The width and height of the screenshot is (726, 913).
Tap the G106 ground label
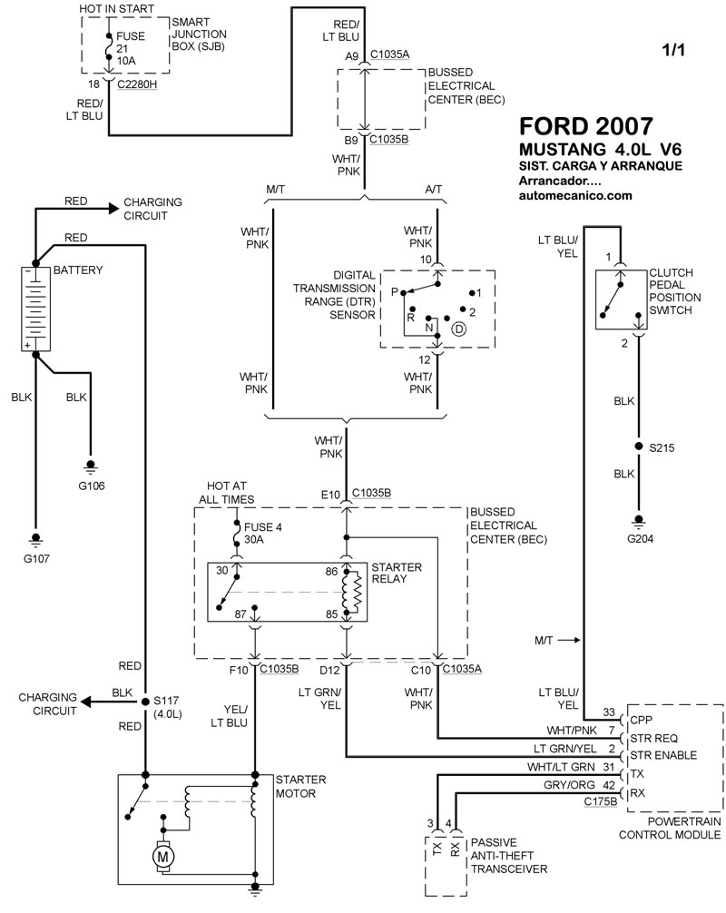[x=91, y=486]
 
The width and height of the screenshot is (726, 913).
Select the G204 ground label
[x=639, y=537]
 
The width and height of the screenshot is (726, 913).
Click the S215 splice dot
[x=639, y=448]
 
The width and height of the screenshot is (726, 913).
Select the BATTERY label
[x=78, y=270]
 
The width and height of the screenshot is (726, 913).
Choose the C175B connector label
[x=600, y=801]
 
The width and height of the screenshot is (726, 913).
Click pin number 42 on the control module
[x=609, y=787]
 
